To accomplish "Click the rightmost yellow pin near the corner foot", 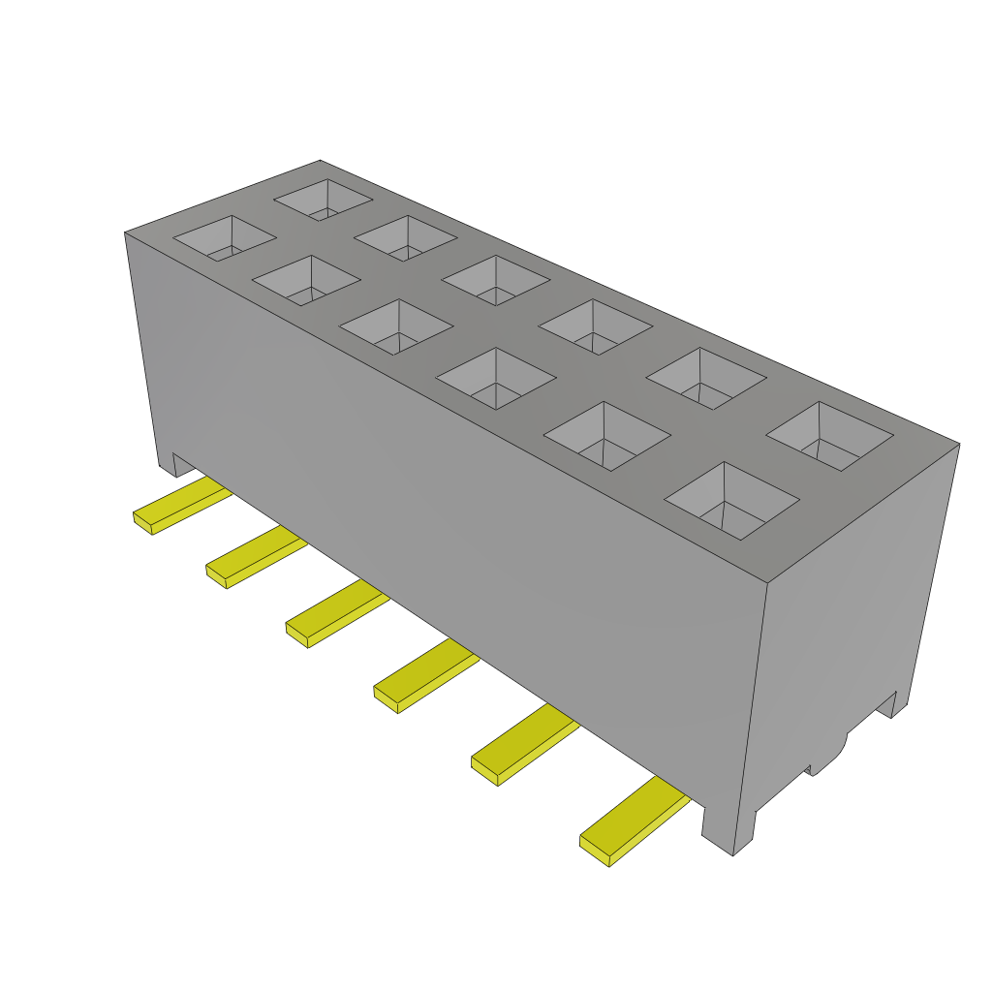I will pyautogui.click(x=632, y=823).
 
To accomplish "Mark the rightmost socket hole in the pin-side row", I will pyautogui.click(x=731, y=500).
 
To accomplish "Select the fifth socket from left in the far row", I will pyautogui.click(x=705, y=378).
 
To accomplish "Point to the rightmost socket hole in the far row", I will pyautogui.click(x=829, y=436).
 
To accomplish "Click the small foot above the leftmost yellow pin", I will pyautogui.click(x=174, y=464).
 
